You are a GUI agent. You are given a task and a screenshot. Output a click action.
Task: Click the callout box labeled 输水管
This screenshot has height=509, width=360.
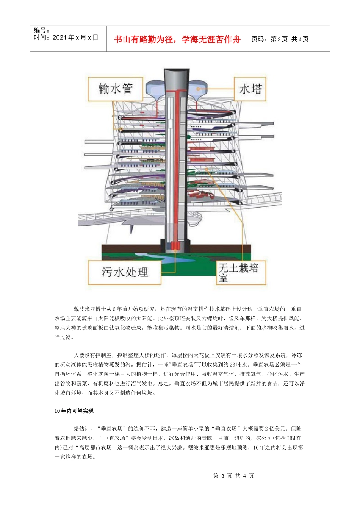tap(116, 89)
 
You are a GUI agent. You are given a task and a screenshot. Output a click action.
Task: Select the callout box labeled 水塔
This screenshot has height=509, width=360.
tap(250, 89)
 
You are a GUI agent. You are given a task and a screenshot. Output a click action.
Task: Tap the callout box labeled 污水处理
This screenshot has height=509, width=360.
tap(125, 272)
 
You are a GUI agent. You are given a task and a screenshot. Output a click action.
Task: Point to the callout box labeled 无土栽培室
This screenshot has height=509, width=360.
tap(241, 272)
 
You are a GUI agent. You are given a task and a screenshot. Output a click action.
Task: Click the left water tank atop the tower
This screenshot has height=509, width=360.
tap(155, 88)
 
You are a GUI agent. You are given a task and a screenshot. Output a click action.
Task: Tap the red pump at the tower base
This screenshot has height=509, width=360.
tap(175, 246)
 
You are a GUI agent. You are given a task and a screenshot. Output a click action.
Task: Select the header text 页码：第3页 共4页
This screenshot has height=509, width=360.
tap(280, 39)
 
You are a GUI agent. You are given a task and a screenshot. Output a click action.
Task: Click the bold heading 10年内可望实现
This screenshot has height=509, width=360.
tap(74, 411)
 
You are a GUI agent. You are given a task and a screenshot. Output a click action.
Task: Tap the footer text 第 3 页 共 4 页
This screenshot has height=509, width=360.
tap(233, 476)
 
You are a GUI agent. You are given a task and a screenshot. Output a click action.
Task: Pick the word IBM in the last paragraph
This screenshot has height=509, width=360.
tap(291, 438)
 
